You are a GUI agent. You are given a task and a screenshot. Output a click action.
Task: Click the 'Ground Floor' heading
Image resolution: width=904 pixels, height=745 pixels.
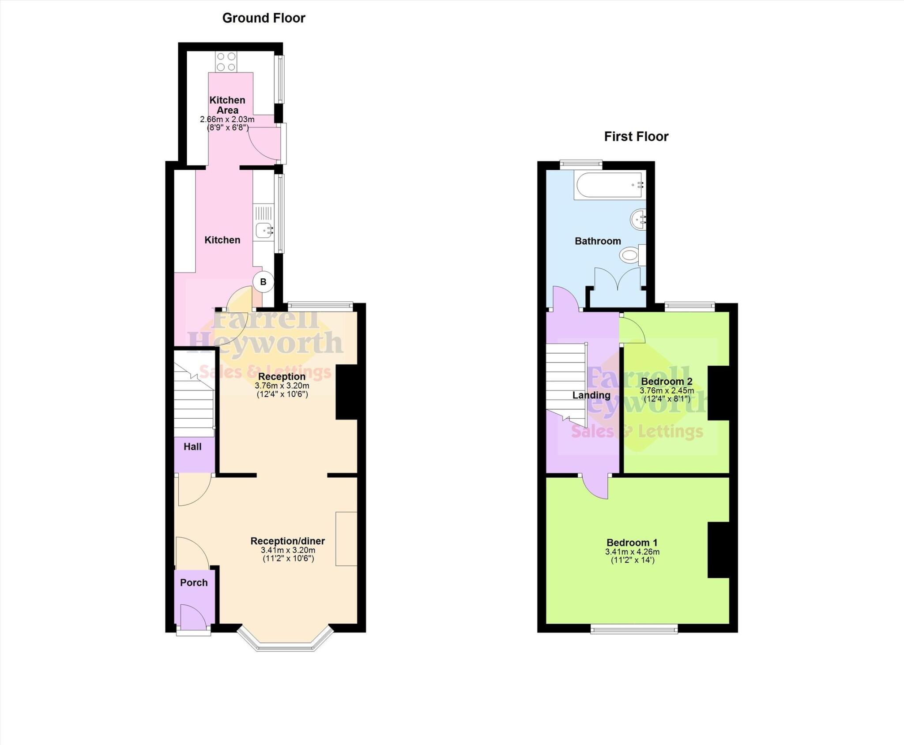[x=264, y=18]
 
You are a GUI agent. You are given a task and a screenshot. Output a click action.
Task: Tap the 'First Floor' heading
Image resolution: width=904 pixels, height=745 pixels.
[x=636, y=137]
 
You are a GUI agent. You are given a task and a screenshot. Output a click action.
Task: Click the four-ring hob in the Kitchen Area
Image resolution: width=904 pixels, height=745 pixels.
[x=226, y=62]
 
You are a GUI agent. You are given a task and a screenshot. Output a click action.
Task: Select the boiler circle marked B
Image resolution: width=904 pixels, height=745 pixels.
[x=264, y=282]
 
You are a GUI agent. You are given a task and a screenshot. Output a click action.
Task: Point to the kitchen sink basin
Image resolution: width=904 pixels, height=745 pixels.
[x=263, y=230]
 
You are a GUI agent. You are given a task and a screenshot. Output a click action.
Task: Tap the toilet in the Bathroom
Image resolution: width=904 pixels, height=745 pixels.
[x=629, y=255]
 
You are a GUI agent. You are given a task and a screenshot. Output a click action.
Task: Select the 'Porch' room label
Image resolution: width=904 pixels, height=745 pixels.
[x=194, y=583]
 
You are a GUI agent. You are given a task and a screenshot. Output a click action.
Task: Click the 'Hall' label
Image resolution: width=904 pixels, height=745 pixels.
[x=192, y=447]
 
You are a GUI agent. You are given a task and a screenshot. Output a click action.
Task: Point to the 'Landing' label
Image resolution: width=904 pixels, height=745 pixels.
[x=591, y=395]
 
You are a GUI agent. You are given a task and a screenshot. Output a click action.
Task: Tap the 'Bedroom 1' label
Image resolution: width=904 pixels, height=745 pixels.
[x=632, y=543]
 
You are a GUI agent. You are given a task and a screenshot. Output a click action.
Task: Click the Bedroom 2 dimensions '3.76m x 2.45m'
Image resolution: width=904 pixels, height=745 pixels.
[x=667, y=391]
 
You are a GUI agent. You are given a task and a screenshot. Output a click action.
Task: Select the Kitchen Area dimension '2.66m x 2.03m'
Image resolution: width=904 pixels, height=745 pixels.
[x=227, y=120]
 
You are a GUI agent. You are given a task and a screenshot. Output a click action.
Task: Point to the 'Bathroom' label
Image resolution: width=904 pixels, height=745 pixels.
[x=598, y=241]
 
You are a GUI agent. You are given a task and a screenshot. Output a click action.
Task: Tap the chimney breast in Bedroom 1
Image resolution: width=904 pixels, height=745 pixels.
[x=718, y=550]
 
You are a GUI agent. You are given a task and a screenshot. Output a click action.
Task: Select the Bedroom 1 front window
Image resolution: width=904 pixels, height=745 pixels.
[x=634, y=629]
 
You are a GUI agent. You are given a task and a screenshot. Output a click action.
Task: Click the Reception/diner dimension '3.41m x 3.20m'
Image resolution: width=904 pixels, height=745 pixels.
[x=288, y=550]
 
